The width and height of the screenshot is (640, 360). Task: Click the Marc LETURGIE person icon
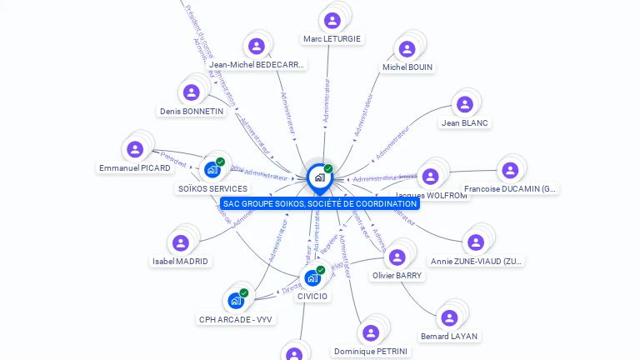pyautogui.click(x=332, y=21)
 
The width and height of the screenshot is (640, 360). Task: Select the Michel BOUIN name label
pyautogui.click(x=407, y=67)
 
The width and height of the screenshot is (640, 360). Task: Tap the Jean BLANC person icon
pyautogui.click(x=464, y=105)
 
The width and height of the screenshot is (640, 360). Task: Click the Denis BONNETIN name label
pyautogui.click(x=192, y=111)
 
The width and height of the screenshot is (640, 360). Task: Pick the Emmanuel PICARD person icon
pyautogui.click(x=134, y=150)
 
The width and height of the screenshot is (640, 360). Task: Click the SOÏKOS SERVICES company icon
pyautogui.click(x=212, y=170)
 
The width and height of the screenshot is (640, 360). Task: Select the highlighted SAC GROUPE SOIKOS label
pyautogui.click(x=320, y=204)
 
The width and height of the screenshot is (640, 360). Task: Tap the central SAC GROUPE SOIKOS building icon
pyautogui.click(x=319, y=177)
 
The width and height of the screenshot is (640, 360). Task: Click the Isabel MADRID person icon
pyautogui.click(x=180, y=243)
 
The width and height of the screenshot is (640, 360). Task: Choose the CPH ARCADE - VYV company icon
pyautogui.click(x=236, y=301)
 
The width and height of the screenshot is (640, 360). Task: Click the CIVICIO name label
pyautogui.click(x=312, y=296)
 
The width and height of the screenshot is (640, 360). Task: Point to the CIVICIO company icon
pyautogui.click(x=312, y=277)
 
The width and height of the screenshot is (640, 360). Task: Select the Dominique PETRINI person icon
pyautogui.click(x=370, y=333)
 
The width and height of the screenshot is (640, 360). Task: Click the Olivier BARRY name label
pyautogui.click(x=397, y=275)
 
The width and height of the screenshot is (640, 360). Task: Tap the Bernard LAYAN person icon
pyautogui.click(x=449, y=318)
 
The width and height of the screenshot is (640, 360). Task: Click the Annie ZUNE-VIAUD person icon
pyautogui.click(x=476, y=242)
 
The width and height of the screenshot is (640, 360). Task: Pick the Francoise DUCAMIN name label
pyautogui.click(x=510, y=189)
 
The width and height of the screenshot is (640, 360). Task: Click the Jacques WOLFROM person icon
pyautogui.click(x=430, y=177)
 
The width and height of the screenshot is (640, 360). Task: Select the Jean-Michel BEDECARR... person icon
pyautogui.click(x=257, y=47)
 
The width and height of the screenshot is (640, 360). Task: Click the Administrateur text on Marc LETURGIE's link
pyautogui.click(x=327, y=100)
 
